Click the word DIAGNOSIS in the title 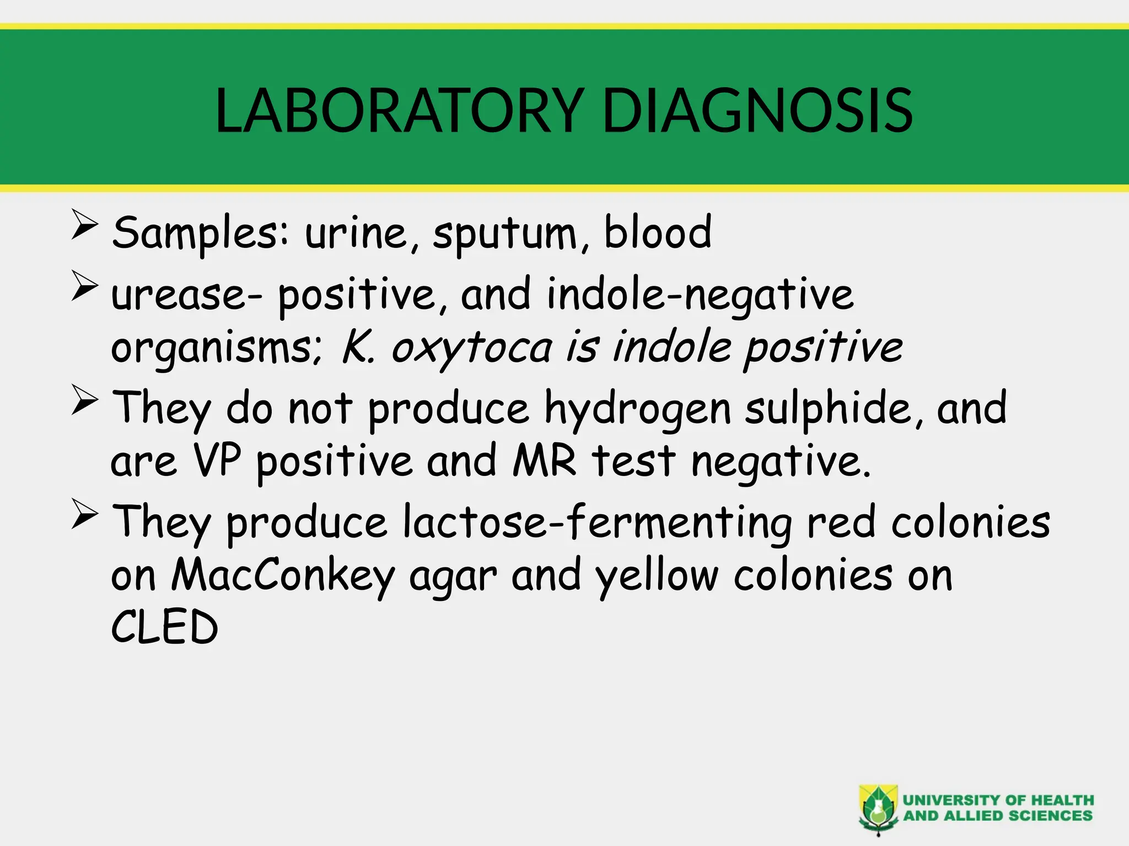tap(757, 111)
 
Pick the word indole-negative tap(700, 295)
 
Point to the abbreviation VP tap(217, 460)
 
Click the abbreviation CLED tap(165, 627)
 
